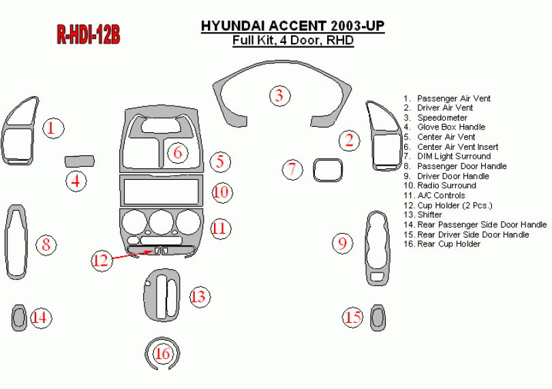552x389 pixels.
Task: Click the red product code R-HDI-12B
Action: (x=88, y=35)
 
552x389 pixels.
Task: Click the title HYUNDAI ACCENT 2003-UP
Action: (x=292, y=26)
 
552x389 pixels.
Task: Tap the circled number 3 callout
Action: (x=279, y=95)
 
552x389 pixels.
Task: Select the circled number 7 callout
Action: (x=292, y=169)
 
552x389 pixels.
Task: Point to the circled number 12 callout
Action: (x=101, y=260)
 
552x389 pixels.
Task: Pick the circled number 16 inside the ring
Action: (x=163, y=354)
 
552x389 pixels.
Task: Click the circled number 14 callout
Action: (x=41, y=317)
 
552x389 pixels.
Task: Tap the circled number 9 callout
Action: (x=343, y=243)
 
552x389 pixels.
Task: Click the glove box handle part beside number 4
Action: (x=79, y=161)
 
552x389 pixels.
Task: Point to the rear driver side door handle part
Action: (x=376, y=317)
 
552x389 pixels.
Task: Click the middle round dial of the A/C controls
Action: (x=162, y=223)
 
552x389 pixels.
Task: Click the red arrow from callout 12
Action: (x=129, y=254)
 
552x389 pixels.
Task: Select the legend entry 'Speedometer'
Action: (x=442, y=118)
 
